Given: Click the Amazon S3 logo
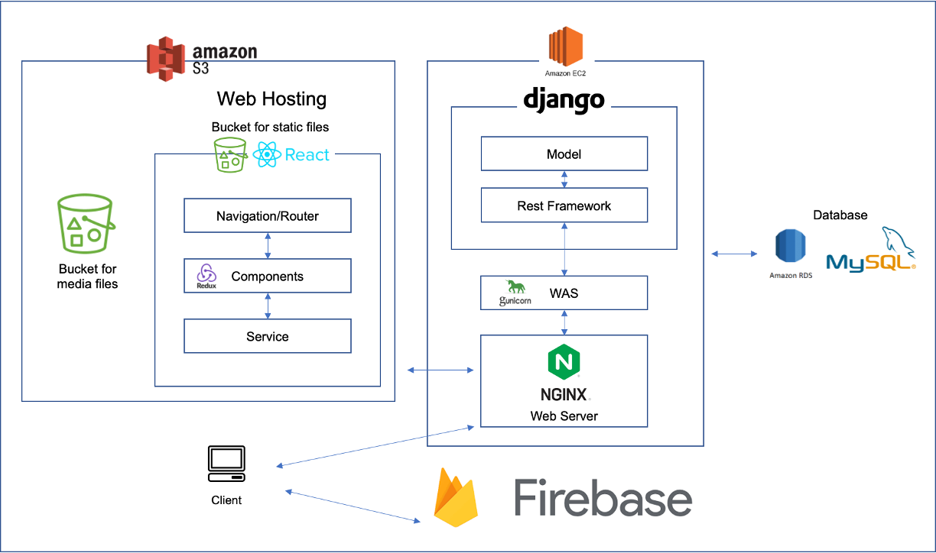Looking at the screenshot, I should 167,60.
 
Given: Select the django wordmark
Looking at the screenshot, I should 564,99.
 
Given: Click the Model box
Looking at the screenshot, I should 564,154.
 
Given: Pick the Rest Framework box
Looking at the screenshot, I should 564,205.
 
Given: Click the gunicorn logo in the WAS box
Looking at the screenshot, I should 515,292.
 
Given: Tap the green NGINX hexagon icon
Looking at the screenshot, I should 564,363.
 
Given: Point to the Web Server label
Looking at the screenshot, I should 564,416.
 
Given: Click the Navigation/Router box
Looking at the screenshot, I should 267,216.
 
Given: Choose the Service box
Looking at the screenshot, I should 267,336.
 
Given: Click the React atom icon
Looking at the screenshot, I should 267,155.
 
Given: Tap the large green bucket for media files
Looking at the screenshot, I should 86,223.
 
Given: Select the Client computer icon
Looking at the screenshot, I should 226,464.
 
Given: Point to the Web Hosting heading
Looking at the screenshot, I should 271,99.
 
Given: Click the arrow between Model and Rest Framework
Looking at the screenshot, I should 564,179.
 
